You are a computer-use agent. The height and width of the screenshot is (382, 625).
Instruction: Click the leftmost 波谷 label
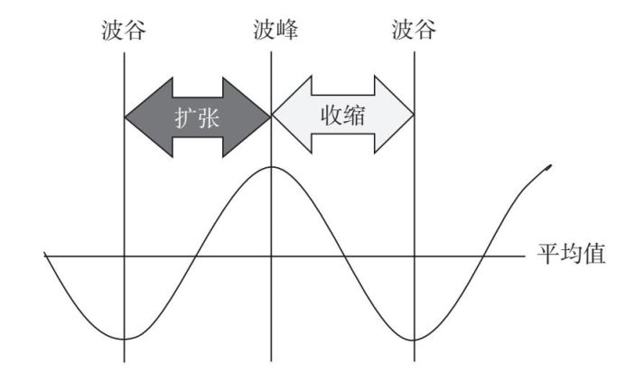[124, 31]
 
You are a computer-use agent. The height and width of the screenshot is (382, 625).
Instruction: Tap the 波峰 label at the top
[275, 30]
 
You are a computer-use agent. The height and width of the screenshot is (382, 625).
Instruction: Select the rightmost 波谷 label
[414, 30]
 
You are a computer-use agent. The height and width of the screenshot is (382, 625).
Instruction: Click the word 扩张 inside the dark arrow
[197, 118]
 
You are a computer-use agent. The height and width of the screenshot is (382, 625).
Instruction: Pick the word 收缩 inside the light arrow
[343, 116]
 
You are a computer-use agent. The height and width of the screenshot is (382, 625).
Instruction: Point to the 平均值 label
[571, 254]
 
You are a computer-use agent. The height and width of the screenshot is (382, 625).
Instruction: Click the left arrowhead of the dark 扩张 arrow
[148, 117]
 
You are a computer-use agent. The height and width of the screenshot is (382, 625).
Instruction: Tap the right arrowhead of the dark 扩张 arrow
[247, 117]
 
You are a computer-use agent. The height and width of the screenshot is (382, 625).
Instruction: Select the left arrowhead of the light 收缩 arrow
[292, 115]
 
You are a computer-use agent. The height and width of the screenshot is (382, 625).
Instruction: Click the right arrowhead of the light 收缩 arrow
[395, 115]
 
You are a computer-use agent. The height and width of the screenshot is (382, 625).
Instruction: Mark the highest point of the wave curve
[272, 167]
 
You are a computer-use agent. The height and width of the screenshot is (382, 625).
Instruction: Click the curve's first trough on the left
[125, 339]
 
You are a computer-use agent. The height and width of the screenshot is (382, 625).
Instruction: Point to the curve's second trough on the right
[415, 340]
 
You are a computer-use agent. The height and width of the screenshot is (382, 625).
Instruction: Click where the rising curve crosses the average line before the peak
[195, 256]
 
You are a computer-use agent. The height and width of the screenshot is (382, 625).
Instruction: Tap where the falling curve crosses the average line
[344, 256]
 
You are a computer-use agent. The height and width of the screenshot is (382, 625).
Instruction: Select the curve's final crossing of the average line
[484, 256]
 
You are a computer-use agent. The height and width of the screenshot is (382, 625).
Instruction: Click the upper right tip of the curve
[550, 166]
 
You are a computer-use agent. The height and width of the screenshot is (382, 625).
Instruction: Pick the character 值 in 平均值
[594, 254]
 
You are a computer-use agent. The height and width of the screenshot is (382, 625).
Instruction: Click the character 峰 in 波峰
[287, 30]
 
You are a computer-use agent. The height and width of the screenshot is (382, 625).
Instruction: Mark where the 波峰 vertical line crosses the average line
[272, 256]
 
